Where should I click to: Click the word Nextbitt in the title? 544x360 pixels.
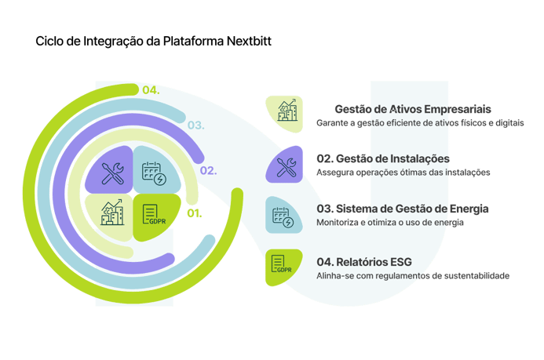tap(246, 42)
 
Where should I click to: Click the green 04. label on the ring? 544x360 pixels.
tap(151, 90)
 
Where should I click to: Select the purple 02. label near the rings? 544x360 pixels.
tap(209, 170)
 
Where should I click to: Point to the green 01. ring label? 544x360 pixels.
tap(193, 213)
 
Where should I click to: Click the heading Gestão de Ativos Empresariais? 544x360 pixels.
tap(413, 110)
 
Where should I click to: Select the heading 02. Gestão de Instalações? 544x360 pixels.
tap(382, 158)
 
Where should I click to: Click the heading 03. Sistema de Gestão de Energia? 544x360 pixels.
tap(403, 209)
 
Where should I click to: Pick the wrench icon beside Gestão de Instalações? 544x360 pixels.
tap(283, 165)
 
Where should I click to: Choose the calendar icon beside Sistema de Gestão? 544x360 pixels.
tap(283, 216)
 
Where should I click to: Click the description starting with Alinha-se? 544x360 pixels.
tap(413, 276)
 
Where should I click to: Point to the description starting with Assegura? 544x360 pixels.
tap(403, 173)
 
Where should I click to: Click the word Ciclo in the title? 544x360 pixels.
tap(49, 42)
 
